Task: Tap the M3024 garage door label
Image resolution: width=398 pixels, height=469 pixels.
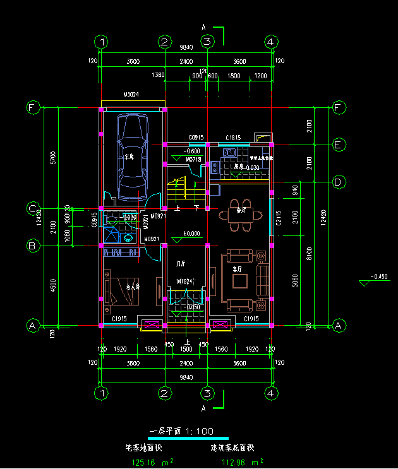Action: coord(131,95)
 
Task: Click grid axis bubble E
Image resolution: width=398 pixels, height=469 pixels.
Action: coord(339,145)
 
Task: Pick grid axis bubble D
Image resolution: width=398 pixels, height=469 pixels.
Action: coord(339,182)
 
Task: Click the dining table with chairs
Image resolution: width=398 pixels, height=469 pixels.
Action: coord(241,215)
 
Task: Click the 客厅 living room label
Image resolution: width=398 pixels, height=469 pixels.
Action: coord(238,269)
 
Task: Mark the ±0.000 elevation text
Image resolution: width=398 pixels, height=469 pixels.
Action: coord(191,234)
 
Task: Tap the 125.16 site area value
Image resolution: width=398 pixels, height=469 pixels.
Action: coord(143,462)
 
